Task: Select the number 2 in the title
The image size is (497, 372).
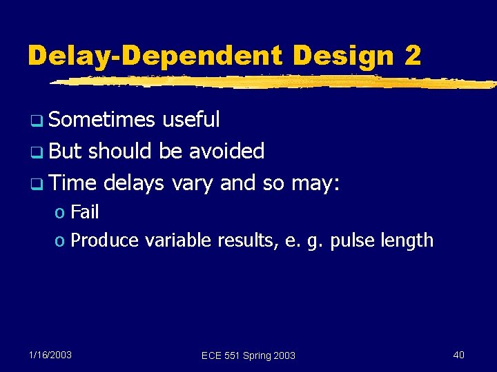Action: click(412, 54)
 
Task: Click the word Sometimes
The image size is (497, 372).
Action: click(102, 120)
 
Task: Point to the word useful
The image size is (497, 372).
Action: click(191, 120)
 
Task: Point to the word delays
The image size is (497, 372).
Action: click(135, 183)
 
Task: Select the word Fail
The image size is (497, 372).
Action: click(85, 212)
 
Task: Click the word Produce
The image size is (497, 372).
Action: click(104, 240)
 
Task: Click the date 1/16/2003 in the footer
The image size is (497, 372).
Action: click(50, 355)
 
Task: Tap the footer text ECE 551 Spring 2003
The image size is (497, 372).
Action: click(248, 355)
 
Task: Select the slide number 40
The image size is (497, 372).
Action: click(458, 355)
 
